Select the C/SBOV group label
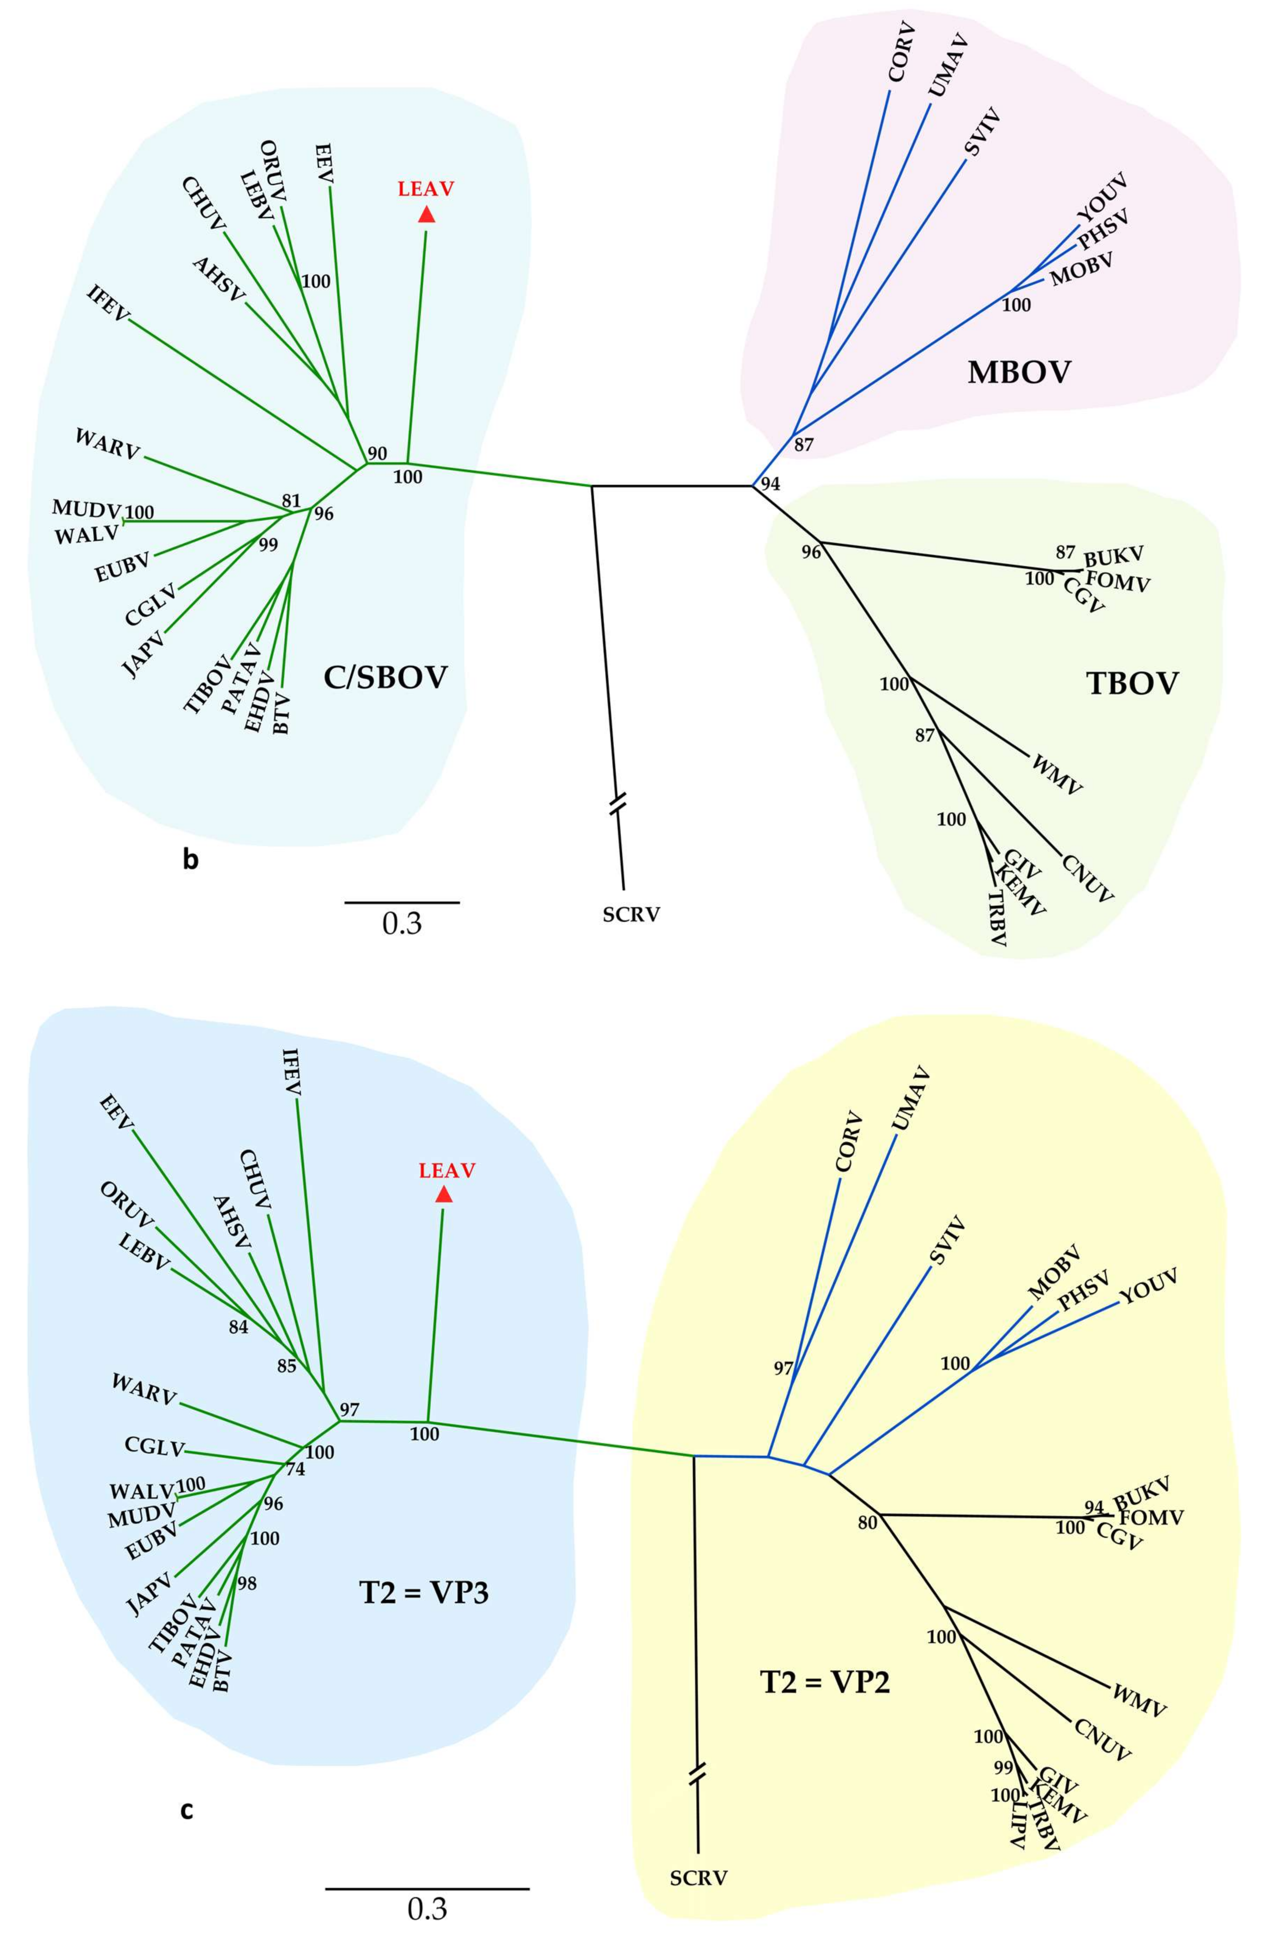click(x=385, y=677)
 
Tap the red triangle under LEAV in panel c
click(x=444, y=1195)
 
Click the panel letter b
click(x=190, y=860)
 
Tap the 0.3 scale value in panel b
click(x=402, y=924)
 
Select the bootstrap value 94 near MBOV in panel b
click(x=770, y=484)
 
